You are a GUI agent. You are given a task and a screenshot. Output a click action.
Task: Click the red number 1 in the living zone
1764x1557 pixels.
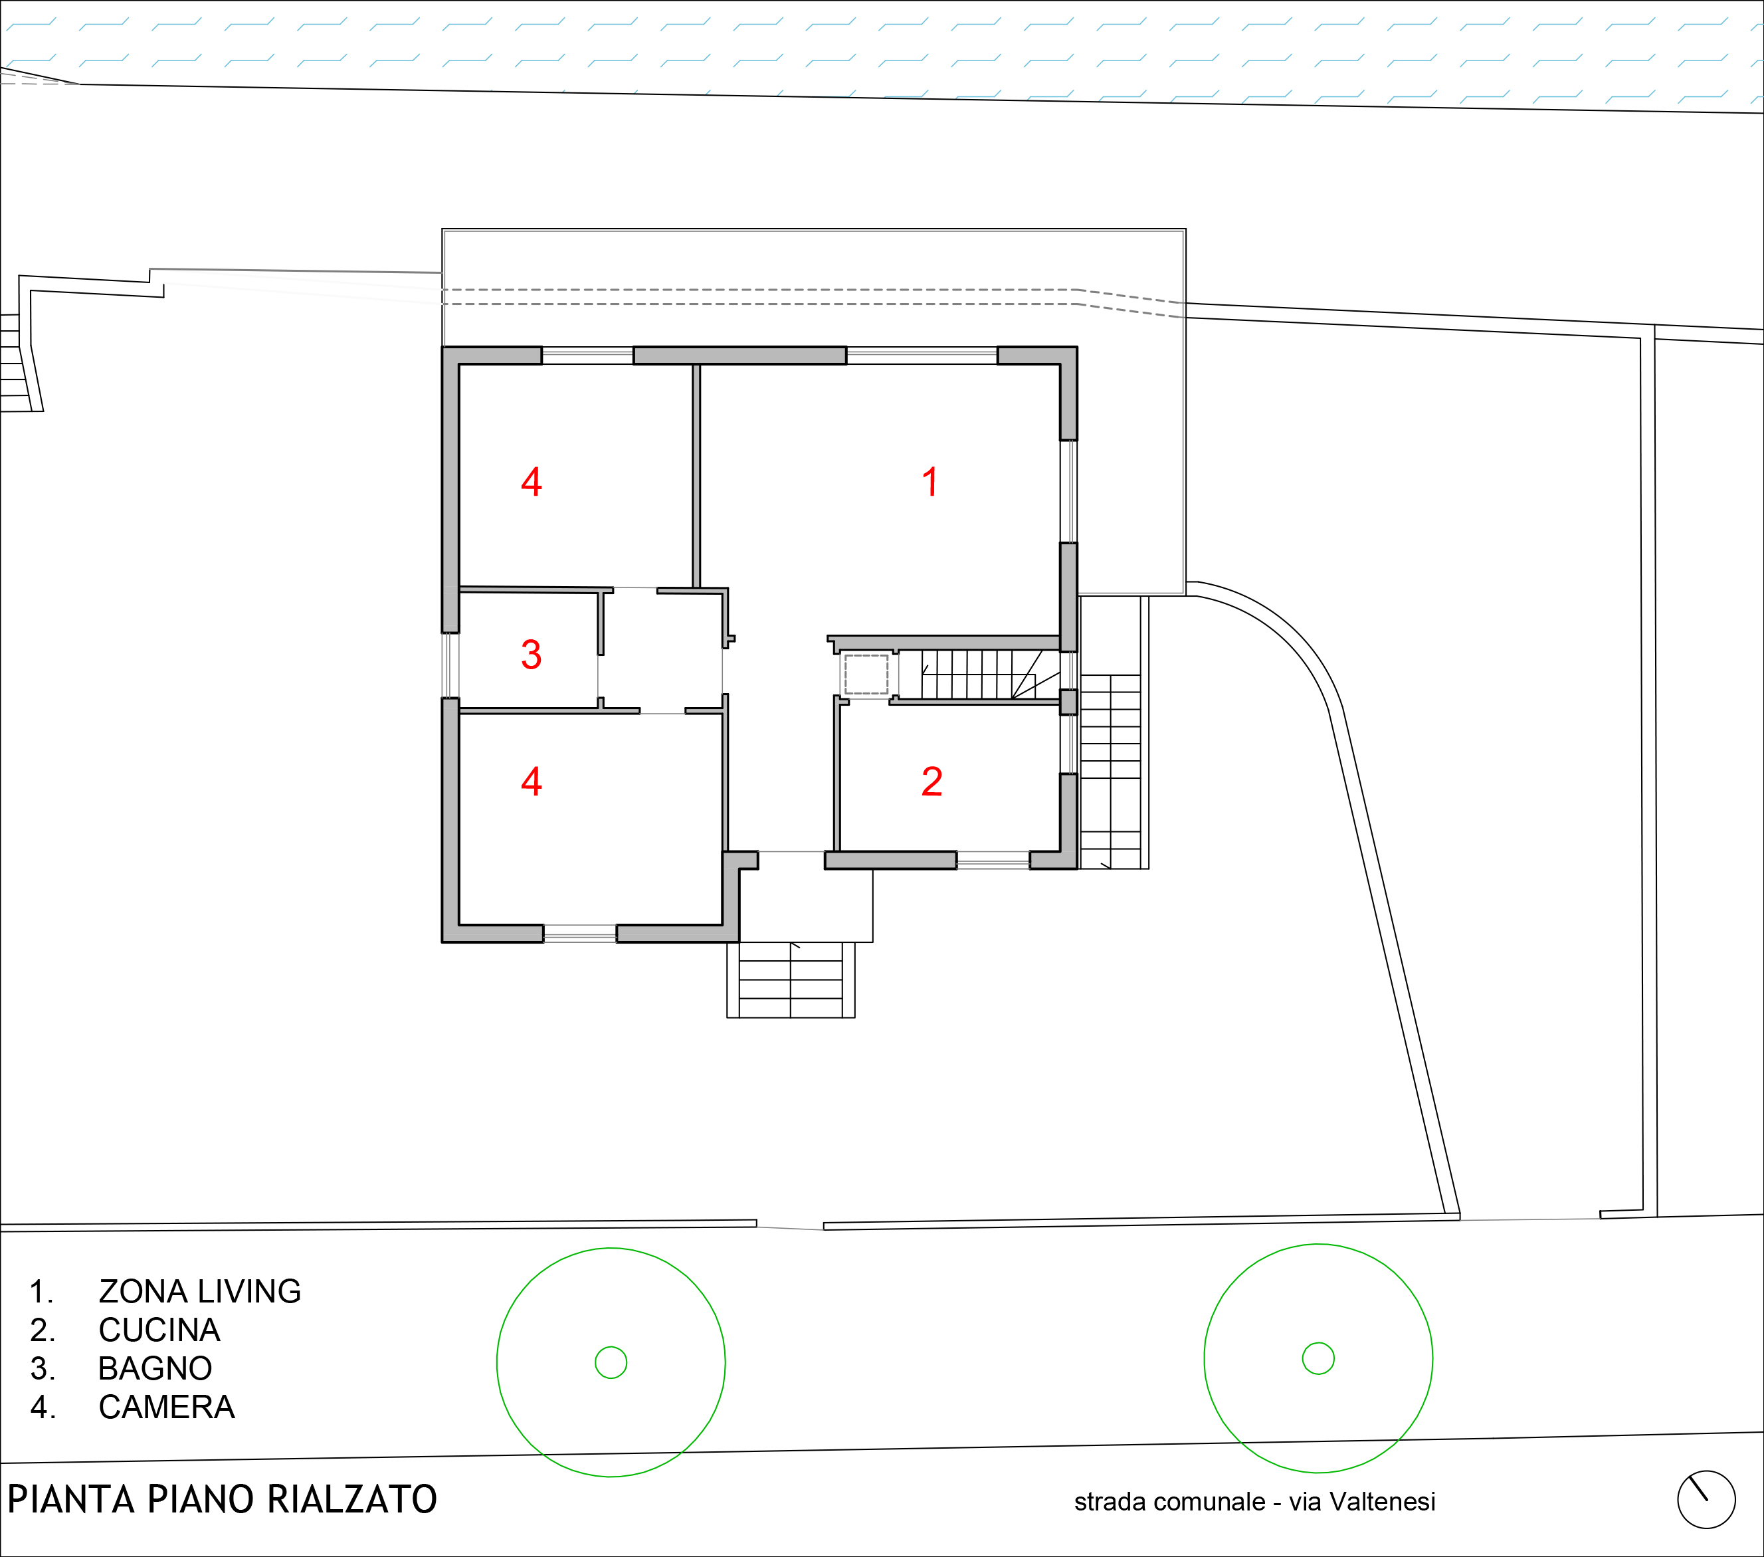tap(930, 482)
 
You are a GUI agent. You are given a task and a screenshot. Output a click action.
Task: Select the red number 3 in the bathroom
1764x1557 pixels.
tap(531, 654)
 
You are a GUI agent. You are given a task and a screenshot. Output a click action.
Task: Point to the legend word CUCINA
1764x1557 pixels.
tap(159, 1330)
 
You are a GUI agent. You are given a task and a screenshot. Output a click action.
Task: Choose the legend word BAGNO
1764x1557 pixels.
tap(155, 1368)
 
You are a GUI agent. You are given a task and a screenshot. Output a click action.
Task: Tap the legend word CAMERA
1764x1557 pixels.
tap(167, 1407)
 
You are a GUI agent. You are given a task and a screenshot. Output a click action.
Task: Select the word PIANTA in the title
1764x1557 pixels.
tap(72, 1500)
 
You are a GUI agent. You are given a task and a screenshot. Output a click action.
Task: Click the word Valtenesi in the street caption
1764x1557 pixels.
tap(1382, 1502)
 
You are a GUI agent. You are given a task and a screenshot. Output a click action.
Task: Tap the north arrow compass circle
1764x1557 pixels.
tap(1706, 1500)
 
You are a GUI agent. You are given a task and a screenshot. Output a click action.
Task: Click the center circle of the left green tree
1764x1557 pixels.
tap(611, 1363)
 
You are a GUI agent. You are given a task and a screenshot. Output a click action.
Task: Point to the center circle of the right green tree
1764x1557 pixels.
tap(1318, 1358)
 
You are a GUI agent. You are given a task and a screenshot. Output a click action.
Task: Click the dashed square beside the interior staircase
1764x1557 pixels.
tap(866, 674)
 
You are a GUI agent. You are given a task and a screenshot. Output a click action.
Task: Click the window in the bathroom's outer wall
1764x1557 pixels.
tap(450, 665)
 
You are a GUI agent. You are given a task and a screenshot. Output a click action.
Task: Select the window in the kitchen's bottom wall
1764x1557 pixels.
tap(993, 860)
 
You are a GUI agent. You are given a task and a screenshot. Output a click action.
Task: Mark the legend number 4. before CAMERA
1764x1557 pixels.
tap(43, 1407)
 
